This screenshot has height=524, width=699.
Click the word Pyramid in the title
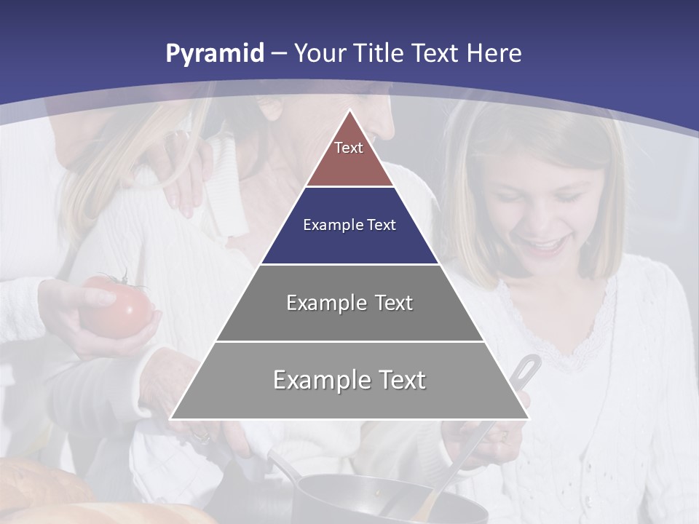click(215, 53)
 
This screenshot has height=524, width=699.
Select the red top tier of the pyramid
click(349, 156)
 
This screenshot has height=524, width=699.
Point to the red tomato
click(116, 309)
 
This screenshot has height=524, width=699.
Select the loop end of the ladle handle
click(528, 364)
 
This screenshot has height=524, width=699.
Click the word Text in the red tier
click(349, 148)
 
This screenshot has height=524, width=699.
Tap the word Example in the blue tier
click(326, 225)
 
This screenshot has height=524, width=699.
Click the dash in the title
click(279, 53)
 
